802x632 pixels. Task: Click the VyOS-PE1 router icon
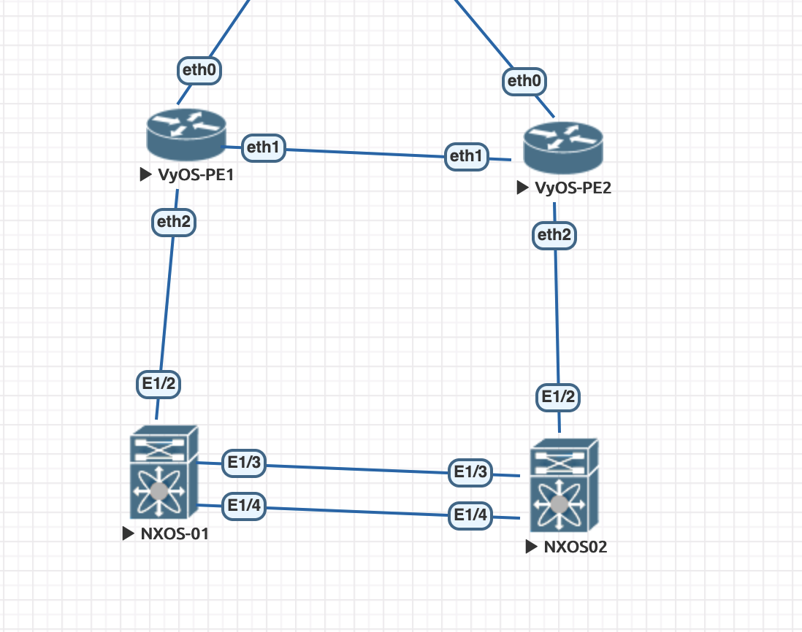(186, 135)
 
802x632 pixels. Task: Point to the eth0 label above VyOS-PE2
(524, 80)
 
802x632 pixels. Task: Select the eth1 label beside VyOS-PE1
(263, 147)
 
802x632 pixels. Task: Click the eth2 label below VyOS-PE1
(174, 222)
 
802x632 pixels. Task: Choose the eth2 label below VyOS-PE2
(555, 235)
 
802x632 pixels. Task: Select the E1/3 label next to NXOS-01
(244, 462)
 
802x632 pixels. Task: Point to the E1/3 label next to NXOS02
(470, 472)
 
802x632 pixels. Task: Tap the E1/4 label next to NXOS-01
(243, 505)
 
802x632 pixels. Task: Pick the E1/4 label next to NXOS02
(470, 516)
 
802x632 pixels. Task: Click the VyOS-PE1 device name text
(195, 175)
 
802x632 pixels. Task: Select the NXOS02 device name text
(575, 547)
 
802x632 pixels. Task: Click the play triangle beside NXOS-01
(129, 533)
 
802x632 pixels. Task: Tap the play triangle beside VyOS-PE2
(522, 188)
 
